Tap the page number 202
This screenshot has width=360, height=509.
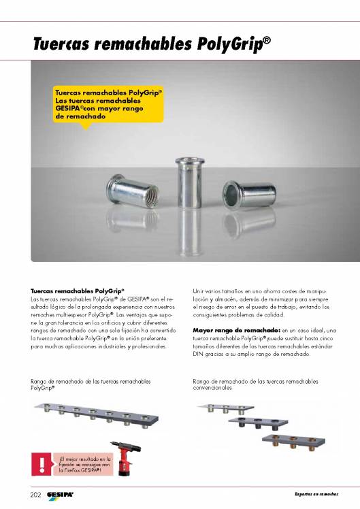coord(37,493)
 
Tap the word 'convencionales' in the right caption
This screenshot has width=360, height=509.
coord(213,388)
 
